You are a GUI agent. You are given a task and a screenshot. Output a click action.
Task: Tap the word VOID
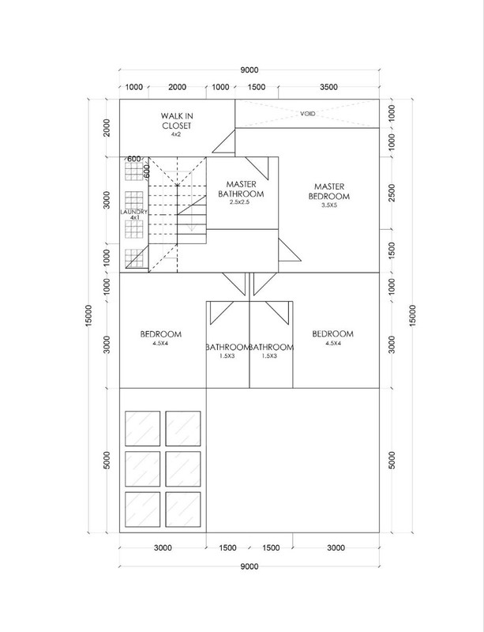(307, 114)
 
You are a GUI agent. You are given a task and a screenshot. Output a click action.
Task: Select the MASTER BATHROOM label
(242, 187)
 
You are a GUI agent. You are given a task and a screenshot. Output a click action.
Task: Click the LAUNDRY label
(133, 213)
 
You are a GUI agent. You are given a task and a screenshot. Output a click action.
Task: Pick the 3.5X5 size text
(328, 205)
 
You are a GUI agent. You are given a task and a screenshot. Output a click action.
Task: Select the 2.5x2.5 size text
(242, 202)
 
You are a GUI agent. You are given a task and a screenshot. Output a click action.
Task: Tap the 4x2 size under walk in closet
(176, 135)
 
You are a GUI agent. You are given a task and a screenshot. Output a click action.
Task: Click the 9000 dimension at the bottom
(249, 566)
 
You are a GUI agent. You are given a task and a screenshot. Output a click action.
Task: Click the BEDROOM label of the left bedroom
(162, 333)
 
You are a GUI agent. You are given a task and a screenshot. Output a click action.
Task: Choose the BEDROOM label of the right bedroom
(332, 333)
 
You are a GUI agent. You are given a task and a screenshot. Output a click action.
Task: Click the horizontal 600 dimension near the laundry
(133, 159)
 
